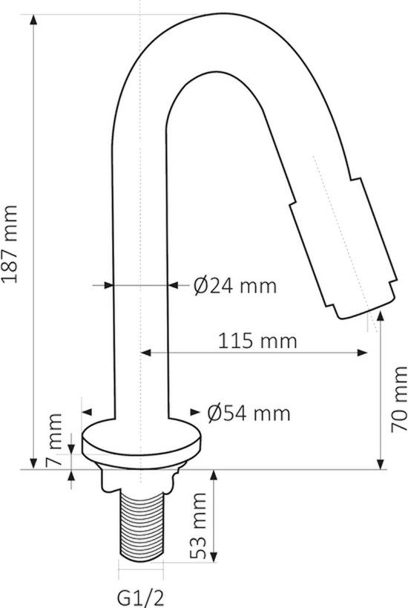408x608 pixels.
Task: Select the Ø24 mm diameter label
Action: coord(234,285)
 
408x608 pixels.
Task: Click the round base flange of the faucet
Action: coord(141,445)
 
